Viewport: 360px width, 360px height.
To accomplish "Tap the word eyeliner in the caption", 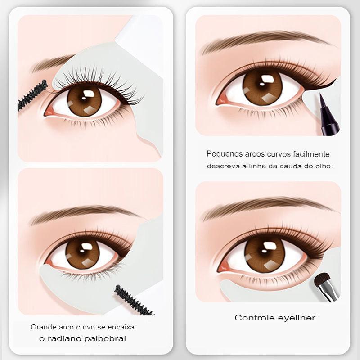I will [294, 318].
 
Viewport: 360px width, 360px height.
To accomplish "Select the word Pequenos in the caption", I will [222, 154].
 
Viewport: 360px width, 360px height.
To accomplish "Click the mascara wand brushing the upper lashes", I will [32, 95].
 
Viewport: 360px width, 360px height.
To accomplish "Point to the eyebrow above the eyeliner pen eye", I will [265, 39].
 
